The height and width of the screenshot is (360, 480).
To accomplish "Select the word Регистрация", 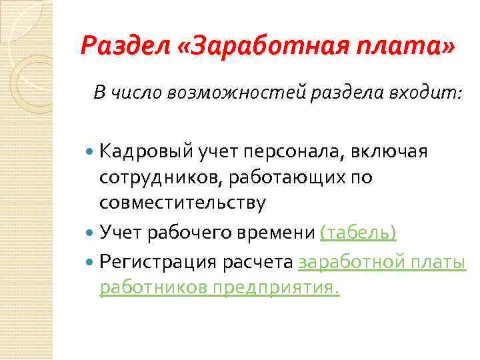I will click(157, 262).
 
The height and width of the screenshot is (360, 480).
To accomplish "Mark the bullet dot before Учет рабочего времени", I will click(91, 232).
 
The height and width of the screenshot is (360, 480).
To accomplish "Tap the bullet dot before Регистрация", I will click(91, 263).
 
